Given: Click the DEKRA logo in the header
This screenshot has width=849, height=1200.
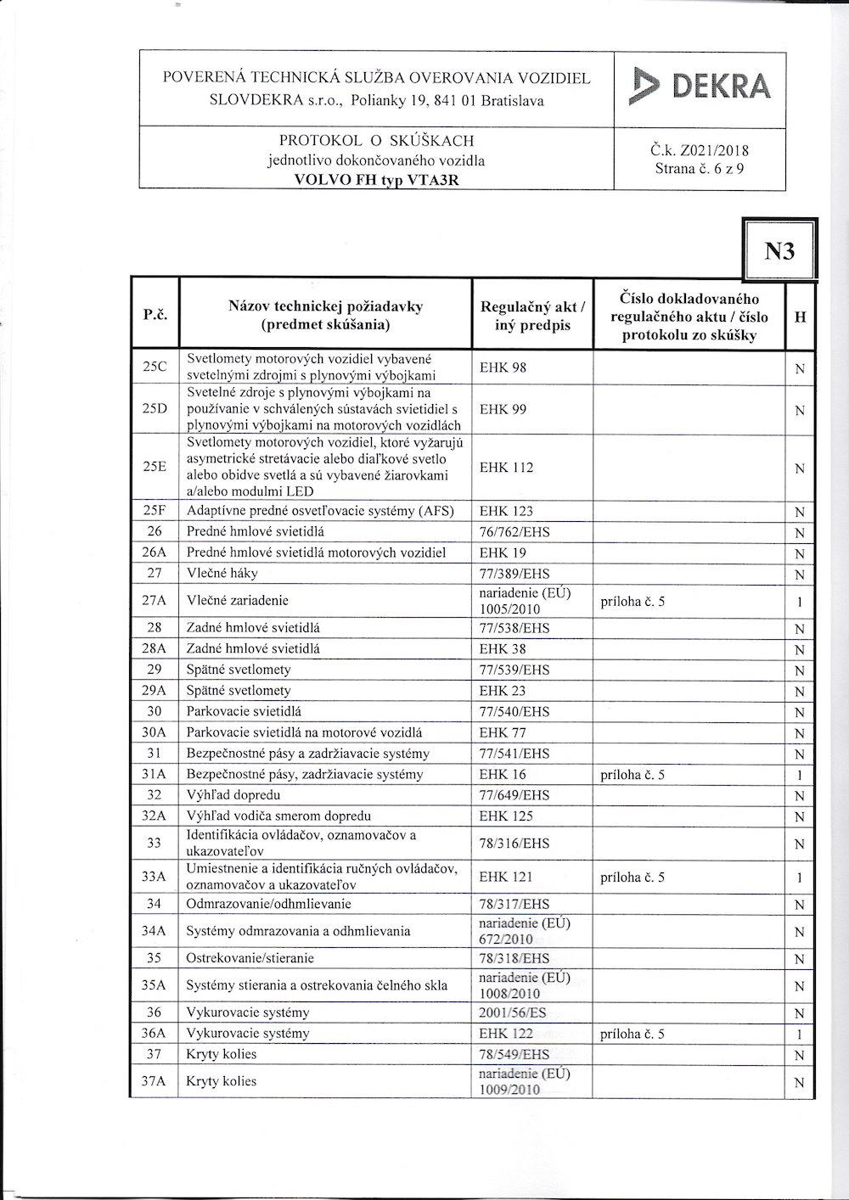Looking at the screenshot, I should (x=700, y=88).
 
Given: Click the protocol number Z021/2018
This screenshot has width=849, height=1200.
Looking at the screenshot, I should (x=700, y=152).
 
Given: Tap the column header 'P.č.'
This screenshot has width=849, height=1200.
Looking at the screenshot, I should (x=155, y=315).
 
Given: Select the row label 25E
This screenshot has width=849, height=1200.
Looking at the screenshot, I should (x=155, y=467).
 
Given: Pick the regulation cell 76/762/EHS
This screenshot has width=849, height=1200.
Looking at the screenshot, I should (x=514, y=532).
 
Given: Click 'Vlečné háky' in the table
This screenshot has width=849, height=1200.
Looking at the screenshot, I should (x=222, y=574).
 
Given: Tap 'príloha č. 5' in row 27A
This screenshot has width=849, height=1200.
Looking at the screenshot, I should (x=633, y=602).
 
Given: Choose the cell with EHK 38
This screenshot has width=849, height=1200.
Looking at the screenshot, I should (x=503, y=649).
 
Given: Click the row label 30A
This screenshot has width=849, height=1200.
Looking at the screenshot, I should (x=155, y=732).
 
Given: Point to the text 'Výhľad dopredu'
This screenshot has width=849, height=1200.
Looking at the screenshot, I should (x=233, y=795).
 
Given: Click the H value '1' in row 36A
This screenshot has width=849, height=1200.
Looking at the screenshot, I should (x=799, y=1035).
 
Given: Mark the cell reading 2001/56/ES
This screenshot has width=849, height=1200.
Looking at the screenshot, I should (x=513, y=1013).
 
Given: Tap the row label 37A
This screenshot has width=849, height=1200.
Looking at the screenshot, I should (x=155, y=1082).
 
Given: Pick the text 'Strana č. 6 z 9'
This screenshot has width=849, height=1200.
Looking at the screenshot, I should (x=700, y=169).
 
